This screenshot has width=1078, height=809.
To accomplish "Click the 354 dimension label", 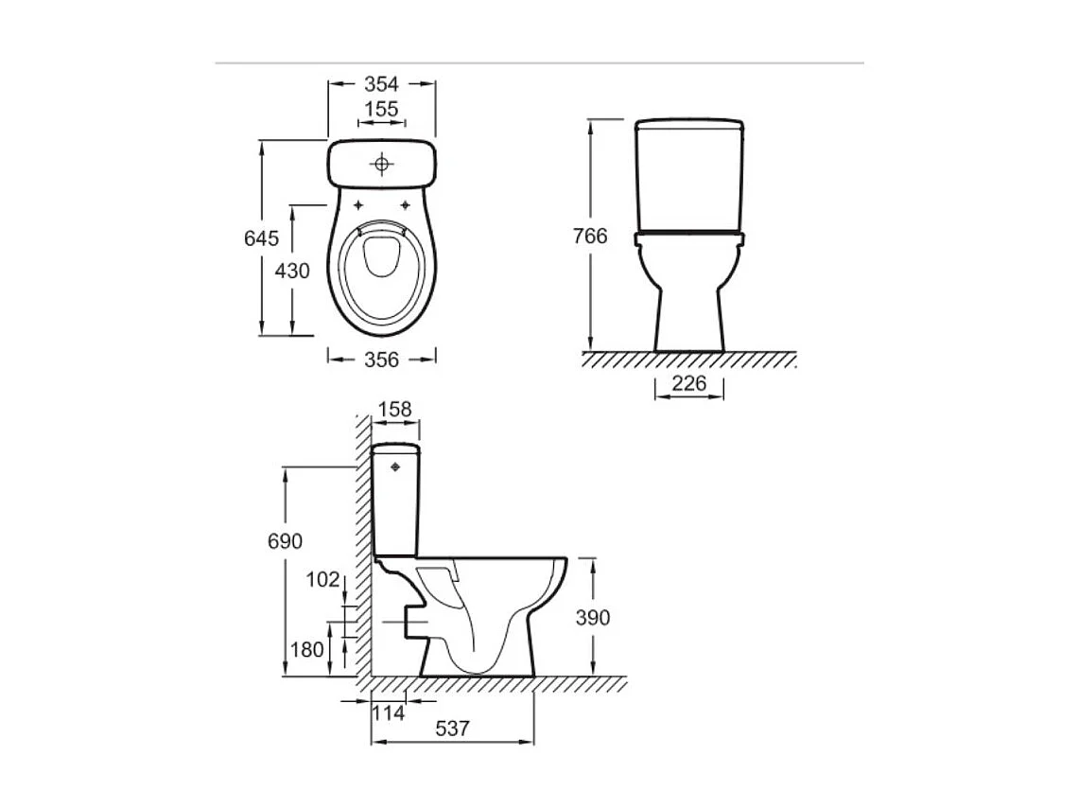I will [382, 83].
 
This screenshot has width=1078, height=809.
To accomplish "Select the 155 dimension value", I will [381, 110].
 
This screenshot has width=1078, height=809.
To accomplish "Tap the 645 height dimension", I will [262, 237].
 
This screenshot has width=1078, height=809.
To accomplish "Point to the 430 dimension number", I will [292, 271].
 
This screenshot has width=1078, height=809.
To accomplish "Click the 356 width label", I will [381, 359].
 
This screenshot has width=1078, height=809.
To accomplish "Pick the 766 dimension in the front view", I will [590, 237].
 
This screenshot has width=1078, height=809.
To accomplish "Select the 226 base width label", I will [688, 385].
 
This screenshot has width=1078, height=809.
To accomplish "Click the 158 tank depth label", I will [394, 410].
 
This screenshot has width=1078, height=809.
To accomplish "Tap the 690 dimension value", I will [285, 541].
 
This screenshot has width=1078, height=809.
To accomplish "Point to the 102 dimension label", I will [322, 580].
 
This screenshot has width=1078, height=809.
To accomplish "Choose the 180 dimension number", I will [307, 650].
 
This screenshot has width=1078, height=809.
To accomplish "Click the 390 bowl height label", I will [593, 618].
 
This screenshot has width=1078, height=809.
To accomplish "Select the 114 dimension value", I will [389, 712].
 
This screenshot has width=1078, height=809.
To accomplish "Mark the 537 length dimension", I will [451, 729].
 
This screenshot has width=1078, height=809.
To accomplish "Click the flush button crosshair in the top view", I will [382, 165].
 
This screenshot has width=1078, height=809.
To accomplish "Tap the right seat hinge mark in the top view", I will [406, 205].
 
